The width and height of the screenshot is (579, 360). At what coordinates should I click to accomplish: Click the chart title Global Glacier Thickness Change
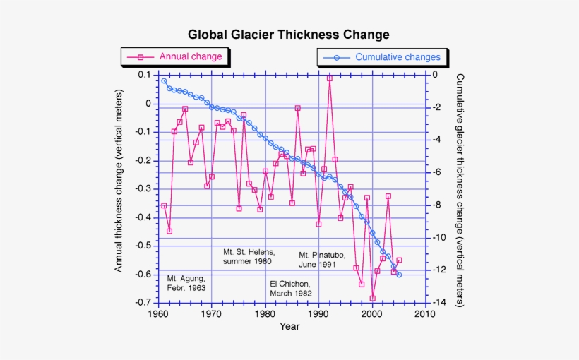point(288,35)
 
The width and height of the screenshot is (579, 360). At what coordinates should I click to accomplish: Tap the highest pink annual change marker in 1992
point(330,78)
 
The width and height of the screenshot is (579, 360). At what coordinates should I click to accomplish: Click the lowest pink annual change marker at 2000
point(373,298)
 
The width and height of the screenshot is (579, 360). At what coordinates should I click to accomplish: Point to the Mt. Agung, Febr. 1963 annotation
point(186,283)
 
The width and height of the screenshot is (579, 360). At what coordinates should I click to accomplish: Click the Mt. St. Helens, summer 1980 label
point(249,256)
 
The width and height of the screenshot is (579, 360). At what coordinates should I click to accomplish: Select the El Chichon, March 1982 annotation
point(290,288)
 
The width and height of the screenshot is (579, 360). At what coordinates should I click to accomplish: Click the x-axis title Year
point(289,326)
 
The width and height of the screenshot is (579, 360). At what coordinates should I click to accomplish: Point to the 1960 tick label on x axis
point(157,313)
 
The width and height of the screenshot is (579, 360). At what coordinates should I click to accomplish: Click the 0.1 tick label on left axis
point(144,75)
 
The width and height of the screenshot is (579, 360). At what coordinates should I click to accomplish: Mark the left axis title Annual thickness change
point(119,181)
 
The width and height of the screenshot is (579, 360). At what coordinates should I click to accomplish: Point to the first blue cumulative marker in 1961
point(164,80)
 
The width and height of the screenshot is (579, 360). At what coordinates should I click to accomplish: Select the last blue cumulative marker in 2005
point(399,275)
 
